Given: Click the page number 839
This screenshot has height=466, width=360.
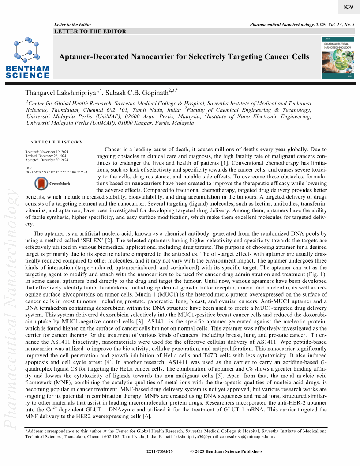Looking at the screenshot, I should (347, 8).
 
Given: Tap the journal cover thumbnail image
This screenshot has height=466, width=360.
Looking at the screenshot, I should (338, 58).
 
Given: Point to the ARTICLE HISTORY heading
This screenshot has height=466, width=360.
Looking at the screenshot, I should (57, 142).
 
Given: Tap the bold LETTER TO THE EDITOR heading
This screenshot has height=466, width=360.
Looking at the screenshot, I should (90, 31).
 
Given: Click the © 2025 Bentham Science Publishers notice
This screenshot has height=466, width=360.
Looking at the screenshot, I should (226, 451).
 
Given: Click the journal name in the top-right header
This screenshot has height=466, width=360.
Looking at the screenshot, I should (291, 24).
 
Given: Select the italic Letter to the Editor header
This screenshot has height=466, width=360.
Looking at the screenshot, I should (72, 24).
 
